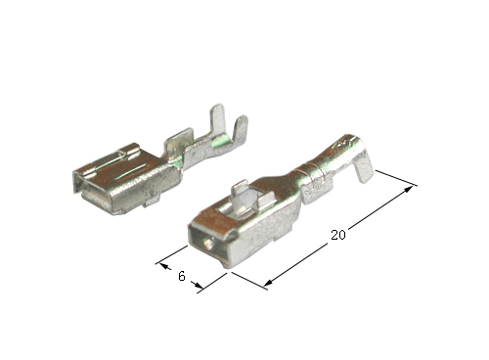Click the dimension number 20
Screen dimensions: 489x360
[x=338, y=235]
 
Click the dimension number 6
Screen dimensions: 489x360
[x=182, y=276]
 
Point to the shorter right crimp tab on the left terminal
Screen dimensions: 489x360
[x=241, y=129]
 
